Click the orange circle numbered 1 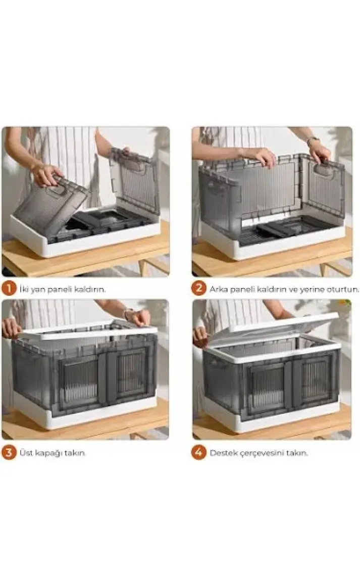coord(9,289)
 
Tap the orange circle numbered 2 coord(198,289)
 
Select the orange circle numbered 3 coord(9,452)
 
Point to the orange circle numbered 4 coord(198,452)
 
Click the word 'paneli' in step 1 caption coord(61,290)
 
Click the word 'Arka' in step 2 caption coord(218,289)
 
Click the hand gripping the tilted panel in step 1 coord(46,174)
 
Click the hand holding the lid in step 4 coord(200,336)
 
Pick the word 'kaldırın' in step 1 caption coord(89,290)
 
